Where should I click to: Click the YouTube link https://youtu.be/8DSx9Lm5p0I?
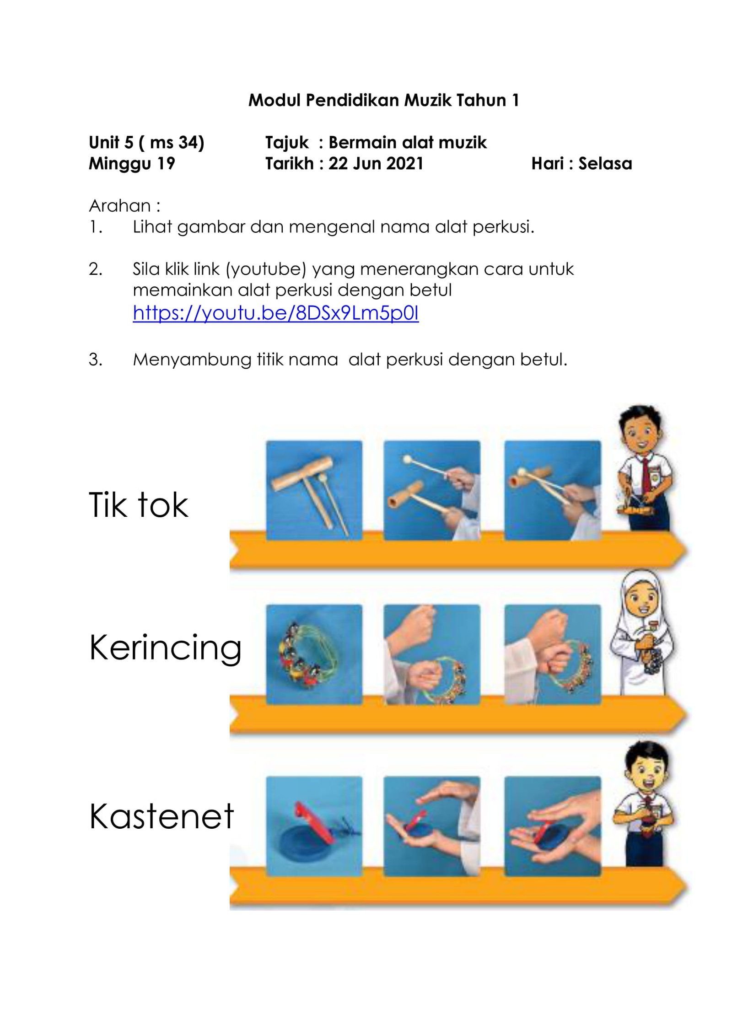(275, 313)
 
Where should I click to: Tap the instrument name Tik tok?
(138, 505)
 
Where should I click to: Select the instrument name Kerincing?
(165, 648)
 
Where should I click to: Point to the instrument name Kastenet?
(161, 816)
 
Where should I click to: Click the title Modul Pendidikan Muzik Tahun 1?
(383, 100)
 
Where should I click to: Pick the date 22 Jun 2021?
(376, 163)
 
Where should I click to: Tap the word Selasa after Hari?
(605, 163)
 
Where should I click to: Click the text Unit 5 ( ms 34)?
(146, 142)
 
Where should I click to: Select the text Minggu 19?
(132, 163)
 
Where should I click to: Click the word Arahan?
(120, 206)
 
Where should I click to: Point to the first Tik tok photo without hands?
(314, 490)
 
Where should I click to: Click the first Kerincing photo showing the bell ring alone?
(314, 654)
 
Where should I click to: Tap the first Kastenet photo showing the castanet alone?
(314, 826)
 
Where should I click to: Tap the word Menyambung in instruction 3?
(192, 360)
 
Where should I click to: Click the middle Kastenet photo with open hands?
(432, 826)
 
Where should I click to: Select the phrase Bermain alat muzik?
(408, 142)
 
